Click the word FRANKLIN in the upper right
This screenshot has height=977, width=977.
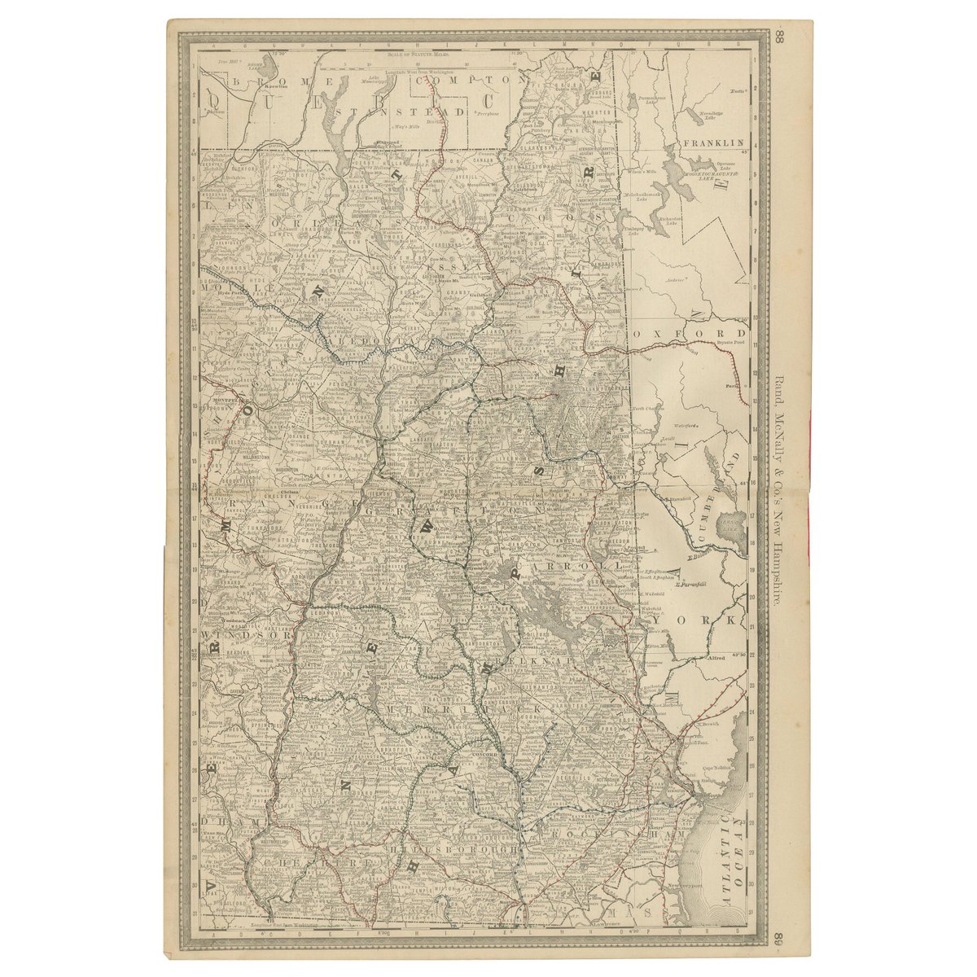(x=714, y=142)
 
